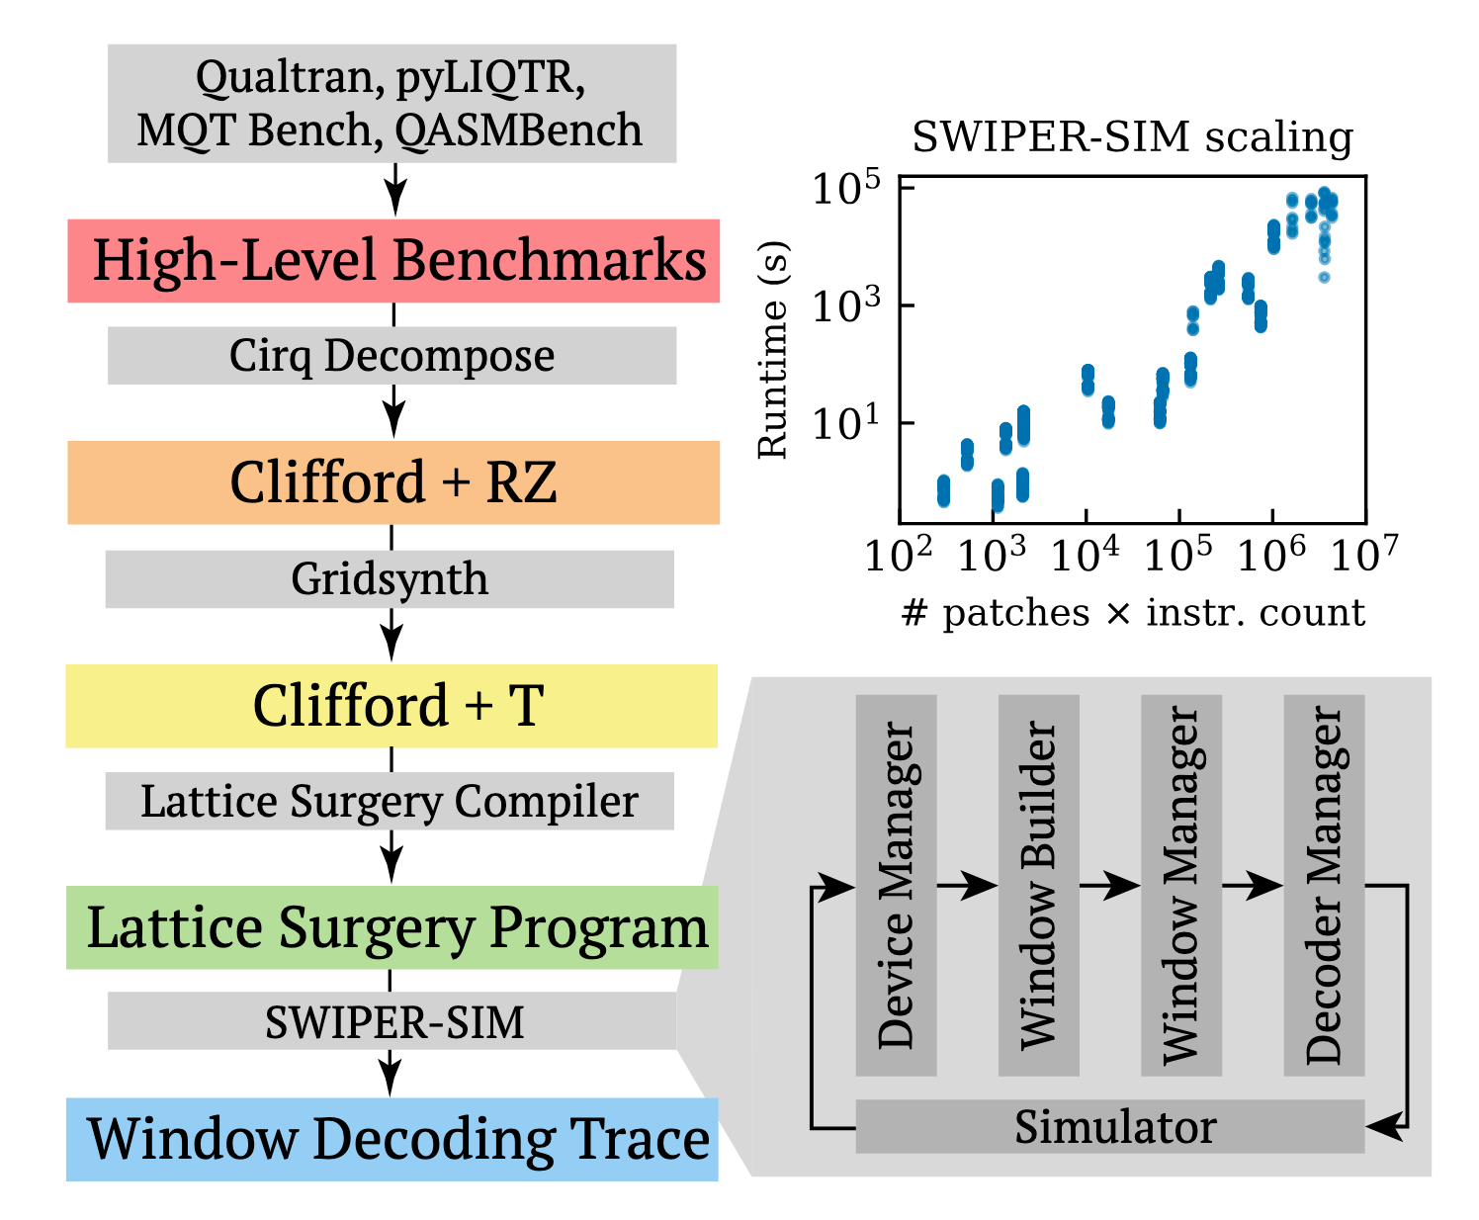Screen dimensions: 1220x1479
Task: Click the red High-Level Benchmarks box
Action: click(393, 261)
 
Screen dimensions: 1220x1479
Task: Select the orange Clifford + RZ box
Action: click(393, 482)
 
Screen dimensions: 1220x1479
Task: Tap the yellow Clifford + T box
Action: click(391, 705)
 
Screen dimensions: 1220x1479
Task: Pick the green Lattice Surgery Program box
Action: click(392, 927)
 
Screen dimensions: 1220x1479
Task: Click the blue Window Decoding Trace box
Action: click(392, 1139)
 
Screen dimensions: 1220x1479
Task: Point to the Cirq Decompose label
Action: click(391, 356)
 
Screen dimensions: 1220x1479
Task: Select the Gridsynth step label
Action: click(390, 579)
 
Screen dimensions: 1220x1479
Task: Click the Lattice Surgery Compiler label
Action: click(390, 802)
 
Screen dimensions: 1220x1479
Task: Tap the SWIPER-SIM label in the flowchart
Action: click(392, 1022)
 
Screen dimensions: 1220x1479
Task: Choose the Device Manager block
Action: click(896, 886)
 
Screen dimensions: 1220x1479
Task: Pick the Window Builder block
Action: click(1038, 886)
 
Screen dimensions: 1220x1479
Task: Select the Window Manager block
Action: click(1180, 886)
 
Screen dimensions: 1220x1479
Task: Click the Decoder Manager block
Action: click(1324, 886)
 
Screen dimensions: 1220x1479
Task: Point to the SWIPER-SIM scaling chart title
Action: click(1132, 138)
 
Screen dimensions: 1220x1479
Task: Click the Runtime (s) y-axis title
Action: click(772, 351)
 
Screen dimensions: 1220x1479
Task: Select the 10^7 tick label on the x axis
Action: click(1365, 557)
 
